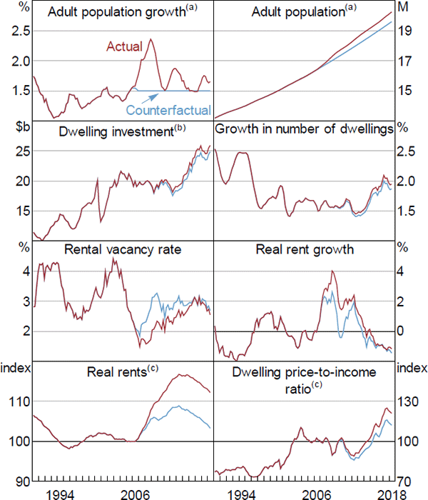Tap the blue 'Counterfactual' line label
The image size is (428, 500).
coord(168,111)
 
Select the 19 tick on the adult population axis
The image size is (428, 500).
coord(404,31)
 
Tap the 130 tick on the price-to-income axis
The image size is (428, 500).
coord(406,401)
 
